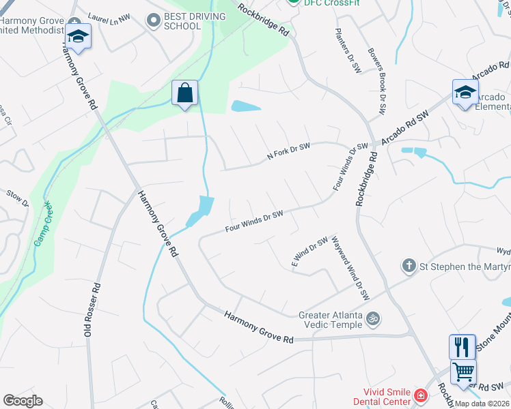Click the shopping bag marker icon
click(184, 93)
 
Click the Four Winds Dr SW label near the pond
click(254, 221)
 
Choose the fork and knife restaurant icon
click(462, 347)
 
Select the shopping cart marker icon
click(463, 372)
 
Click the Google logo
click(23, 401)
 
